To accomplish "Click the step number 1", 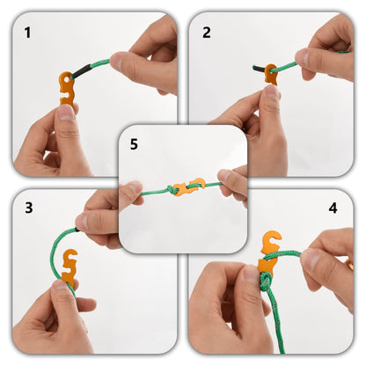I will click(x=27, y=33).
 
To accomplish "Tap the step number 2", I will click(x=207, y=33).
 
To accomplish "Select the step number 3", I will click(x=28, y=209).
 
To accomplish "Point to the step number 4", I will click(x=333, y=209).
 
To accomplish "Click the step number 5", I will click(x=134, y=143).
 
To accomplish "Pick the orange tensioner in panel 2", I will click(x=270, y=74).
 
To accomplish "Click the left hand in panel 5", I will click(x=130, y=195).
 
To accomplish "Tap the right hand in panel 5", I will click(x=234, y=183).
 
